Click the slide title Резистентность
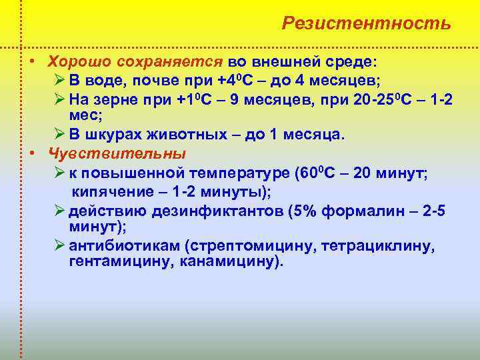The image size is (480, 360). click(366, 23)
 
